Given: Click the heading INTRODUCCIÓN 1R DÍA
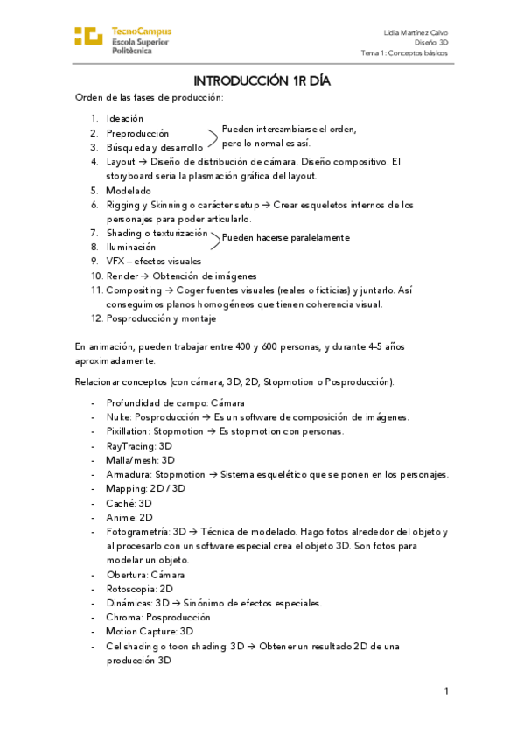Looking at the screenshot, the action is tap(262, 81).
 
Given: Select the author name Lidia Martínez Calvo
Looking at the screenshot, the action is tap(416, 31).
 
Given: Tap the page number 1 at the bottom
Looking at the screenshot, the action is tap(445, 691).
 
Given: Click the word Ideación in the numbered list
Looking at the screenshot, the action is tap(125, 118).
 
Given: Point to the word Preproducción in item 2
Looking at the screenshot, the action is tap(137, 133).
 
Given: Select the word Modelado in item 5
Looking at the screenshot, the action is tap(129, 190).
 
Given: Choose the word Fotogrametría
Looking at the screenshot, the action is tap(136, 531).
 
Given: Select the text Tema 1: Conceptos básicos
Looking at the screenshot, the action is tap(404, 53).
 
